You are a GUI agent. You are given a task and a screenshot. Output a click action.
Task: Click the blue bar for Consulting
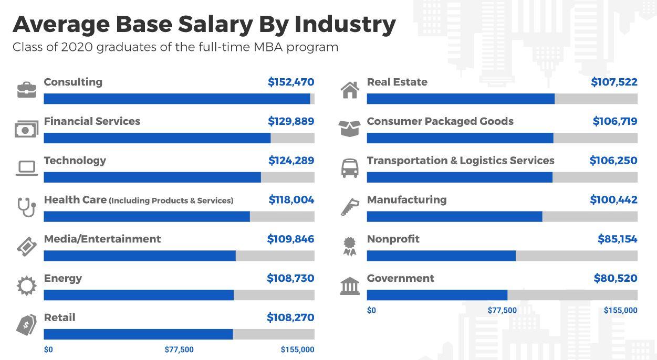176,99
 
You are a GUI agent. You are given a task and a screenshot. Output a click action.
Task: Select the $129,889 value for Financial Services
291,121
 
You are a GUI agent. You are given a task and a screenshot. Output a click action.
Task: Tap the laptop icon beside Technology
26,168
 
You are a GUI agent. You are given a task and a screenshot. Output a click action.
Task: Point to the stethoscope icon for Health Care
26,207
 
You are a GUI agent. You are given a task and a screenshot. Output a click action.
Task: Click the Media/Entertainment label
102,239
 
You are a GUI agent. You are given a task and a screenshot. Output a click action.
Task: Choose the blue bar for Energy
139,295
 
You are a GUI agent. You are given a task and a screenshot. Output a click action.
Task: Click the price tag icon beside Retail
26,325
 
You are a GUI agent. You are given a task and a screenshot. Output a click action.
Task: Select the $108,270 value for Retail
290,317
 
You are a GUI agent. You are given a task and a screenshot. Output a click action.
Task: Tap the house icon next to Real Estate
350,90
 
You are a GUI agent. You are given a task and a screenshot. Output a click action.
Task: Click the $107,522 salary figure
614,82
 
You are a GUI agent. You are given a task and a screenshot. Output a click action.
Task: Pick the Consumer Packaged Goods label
440,121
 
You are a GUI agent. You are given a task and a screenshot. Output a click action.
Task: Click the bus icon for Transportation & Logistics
350,168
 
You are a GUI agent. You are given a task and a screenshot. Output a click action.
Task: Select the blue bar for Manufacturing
454,216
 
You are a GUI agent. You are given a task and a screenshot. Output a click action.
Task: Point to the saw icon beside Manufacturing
350,207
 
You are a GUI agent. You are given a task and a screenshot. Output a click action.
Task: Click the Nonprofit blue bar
441,256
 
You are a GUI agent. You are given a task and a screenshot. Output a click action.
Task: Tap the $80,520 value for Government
616,278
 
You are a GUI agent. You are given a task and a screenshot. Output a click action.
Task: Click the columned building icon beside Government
350,286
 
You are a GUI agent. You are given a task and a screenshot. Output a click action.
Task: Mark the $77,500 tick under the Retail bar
179,350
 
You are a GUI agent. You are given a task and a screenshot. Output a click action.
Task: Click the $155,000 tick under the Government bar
620,310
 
